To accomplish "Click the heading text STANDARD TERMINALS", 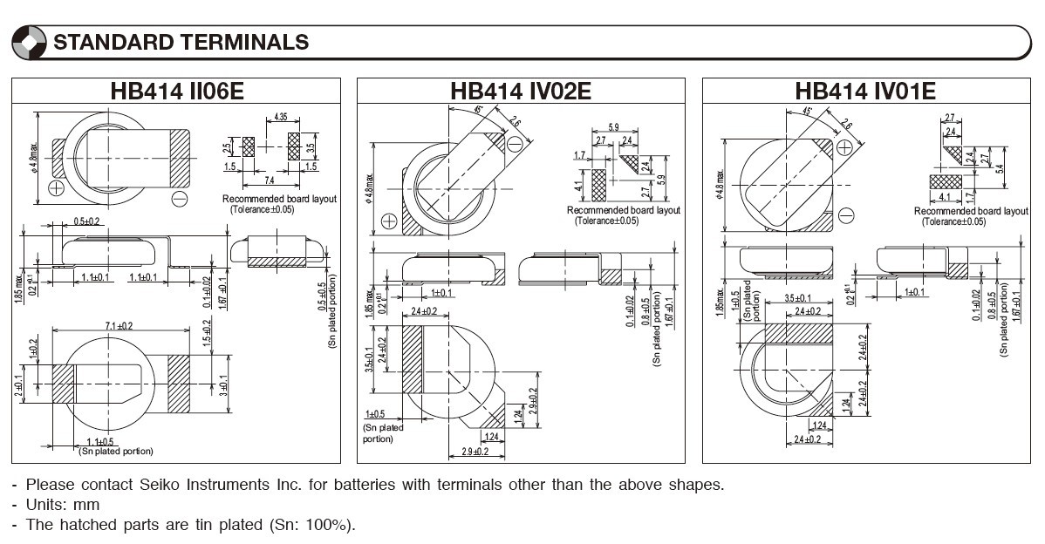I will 181,42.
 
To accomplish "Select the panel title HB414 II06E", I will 177,91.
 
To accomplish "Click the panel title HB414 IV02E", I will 521,91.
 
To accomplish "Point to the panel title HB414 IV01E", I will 865,91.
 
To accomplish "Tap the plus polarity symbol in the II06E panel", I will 57,187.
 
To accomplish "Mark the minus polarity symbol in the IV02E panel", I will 516,143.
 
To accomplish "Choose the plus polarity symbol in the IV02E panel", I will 389,221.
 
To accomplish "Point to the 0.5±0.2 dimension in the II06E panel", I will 86,221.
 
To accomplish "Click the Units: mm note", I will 62,505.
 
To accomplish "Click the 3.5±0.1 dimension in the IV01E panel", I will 797,299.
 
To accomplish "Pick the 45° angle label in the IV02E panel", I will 479,111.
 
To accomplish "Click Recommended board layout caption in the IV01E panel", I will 971,211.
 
